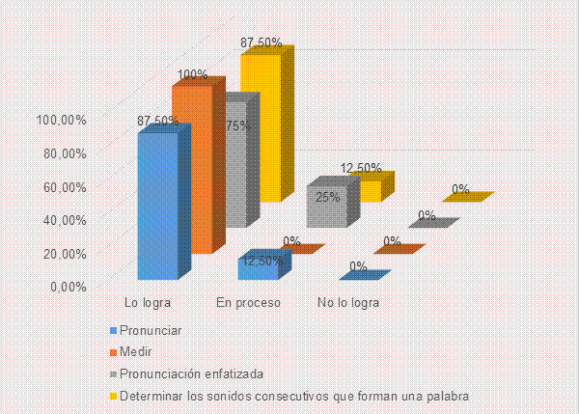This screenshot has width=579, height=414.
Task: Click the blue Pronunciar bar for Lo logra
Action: click(157, 207)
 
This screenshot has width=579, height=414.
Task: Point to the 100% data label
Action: click(192, 75)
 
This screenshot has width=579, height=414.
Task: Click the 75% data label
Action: click(238, 125)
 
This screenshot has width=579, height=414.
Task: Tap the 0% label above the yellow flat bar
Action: click(460, 189)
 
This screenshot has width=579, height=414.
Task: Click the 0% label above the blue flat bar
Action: click(358, 266)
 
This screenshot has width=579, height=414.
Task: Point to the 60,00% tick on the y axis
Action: click(65, 187)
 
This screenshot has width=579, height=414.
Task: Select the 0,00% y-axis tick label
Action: click(69, 287)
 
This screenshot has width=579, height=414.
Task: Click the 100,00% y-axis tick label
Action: click(62, 120)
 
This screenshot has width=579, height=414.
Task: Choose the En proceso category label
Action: click(249, 303)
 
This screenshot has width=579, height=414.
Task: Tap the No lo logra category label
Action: click(348, 303)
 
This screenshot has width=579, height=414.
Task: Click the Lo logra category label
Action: click(148, 303)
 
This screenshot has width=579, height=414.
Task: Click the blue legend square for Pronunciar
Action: click(113, 331)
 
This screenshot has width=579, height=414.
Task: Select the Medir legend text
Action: click(135, 351)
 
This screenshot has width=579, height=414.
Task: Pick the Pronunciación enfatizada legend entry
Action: click(187, 373)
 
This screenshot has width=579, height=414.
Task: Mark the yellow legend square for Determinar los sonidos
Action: click(113, 397)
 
